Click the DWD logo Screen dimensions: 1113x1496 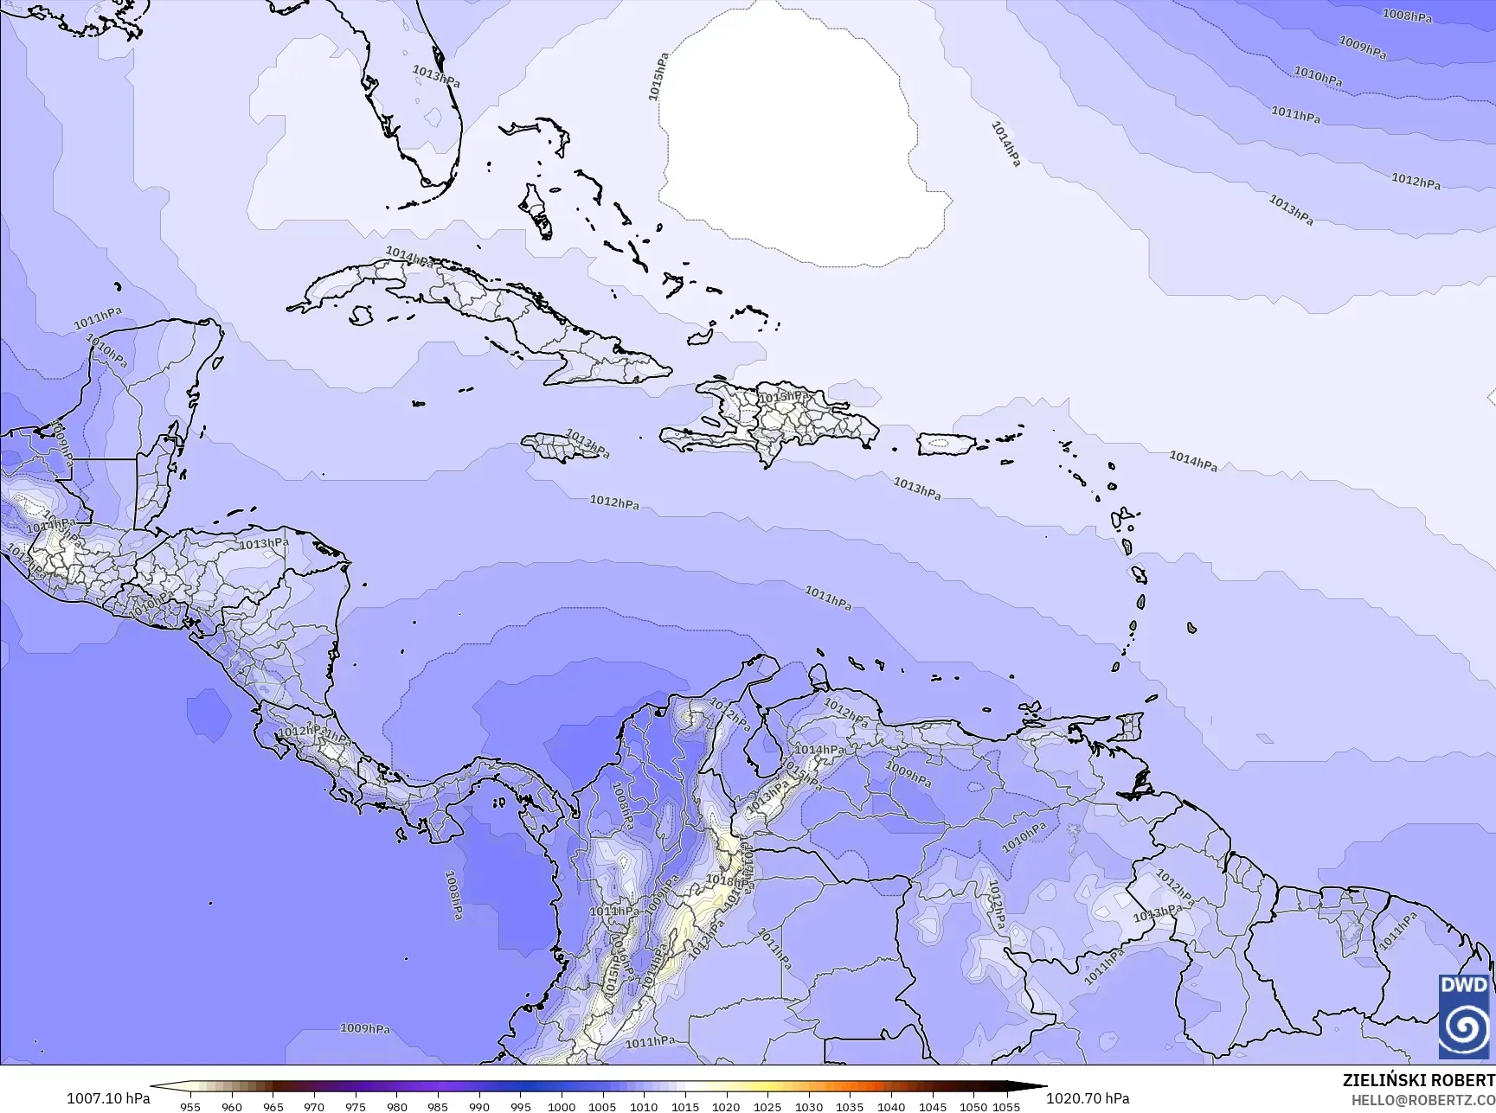pyautogui.click(x=1464, y=1017)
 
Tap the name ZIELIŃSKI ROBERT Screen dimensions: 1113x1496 pyautogui.click(x=1418, y=1080)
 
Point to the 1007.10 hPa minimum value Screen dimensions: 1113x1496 pyautogui.click(x=108, y=1098)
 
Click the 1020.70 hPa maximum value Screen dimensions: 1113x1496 pyautogui.click(x=1088, y=1098)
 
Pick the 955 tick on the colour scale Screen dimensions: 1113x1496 pyautogui.click(x=190, y=1106)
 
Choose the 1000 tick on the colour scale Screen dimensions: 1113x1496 pyautogui.click(x=562, y=1106)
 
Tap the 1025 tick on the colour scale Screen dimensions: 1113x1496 pyautogui.click(x=767, y=1106)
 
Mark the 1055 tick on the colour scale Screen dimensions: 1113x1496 pyautogui.click(x=1007, y=1106)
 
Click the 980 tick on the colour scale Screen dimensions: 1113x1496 pyautogui.click(x=396, y=1106)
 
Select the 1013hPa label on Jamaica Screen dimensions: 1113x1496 pyautogui.click(x=587, y=445)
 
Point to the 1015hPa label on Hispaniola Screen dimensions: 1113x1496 pyautogui.click(x=784, y=397)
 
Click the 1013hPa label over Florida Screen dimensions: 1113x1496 pyautogui.click(x=436, y=76)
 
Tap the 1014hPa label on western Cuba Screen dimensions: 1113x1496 pyautogui.click(x=408, y=257)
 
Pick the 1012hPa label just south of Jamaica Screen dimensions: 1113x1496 pyautogui.click(x=614, y=502)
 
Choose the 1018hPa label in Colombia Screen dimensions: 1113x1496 pyautogui.click(x=725, y=880)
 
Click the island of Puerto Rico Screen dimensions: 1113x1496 pyautogui.click(x=946, y=445)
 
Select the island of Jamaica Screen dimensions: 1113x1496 pyautogui.click(x=558, y=447)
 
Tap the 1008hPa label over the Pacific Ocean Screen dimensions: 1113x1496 pyautogui.click(x=453, y=894)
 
